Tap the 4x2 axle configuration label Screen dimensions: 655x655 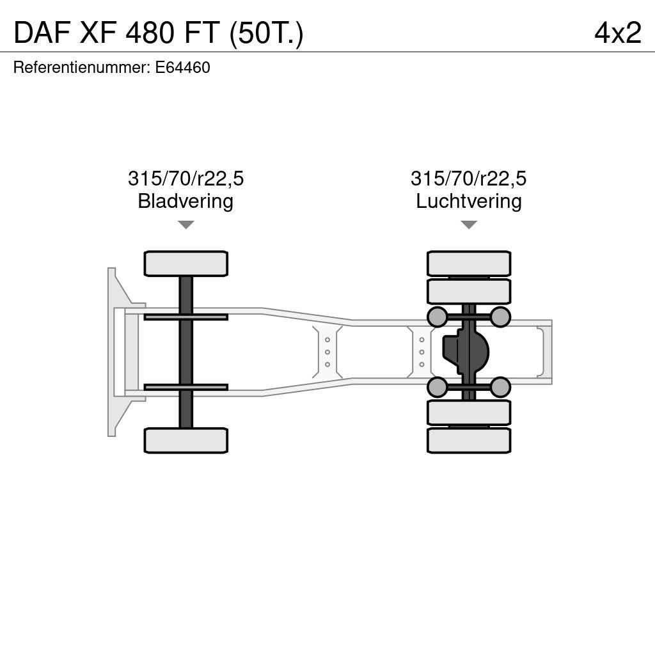(x=617, y=33)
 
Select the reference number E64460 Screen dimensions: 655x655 (x=182, y=68)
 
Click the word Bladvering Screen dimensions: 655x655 (x=185, y=201)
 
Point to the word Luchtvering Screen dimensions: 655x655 (x=469, y=201)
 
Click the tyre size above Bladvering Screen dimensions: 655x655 (x=185, y=178)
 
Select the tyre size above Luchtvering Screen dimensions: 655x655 (x=469, y=178)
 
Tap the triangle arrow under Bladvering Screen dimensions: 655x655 (x=185, y=225)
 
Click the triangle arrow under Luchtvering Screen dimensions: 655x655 (x=469, y=225)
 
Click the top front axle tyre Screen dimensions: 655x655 (x=185, y=264)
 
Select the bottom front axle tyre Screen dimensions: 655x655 (x=185, y=440)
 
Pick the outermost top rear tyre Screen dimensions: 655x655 (x=469, y=264)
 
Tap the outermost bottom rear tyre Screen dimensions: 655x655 (x=469, y=440)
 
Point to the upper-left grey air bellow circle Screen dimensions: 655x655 (x=437, y=317)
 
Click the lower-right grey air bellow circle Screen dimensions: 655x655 (x=500, y=387)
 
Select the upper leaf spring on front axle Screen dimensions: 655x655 (x=185, y=317)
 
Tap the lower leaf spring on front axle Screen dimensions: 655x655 (x=185, y=387)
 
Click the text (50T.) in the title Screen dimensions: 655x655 (x=266, y=33)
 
